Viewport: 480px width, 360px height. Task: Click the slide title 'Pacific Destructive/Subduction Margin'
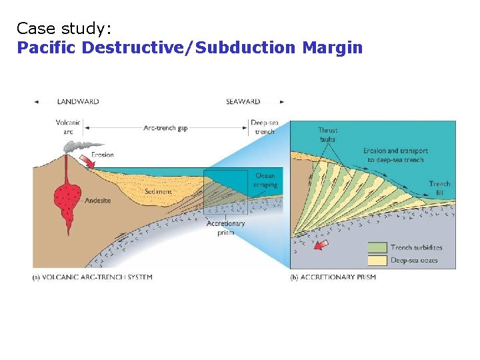[190, 48]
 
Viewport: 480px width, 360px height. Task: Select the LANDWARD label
[78, 102]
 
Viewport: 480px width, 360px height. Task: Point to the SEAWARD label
[243, 102]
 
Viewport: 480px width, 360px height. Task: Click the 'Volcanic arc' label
[68, 127]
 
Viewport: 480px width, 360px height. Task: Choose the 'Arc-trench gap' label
[165, 127]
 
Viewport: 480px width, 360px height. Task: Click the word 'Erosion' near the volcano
[103, 155]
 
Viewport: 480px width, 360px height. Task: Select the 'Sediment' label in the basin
[159, 191]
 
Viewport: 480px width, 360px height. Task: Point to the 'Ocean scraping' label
[265, 180]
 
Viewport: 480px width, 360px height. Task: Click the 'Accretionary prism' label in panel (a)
[226, 228]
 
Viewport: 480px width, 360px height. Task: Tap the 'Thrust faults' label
[327, 135]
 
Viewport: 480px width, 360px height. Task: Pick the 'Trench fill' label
[439, 188]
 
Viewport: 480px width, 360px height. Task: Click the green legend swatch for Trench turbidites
[378, 247]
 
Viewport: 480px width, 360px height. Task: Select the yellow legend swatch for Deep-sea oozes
[378, 260]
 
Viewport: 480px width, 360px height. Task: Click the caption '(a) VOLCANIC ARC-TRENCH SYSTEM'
[93, 277]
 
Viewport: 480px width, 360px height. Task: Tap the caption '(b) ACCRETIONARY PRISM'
[333, 277]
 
